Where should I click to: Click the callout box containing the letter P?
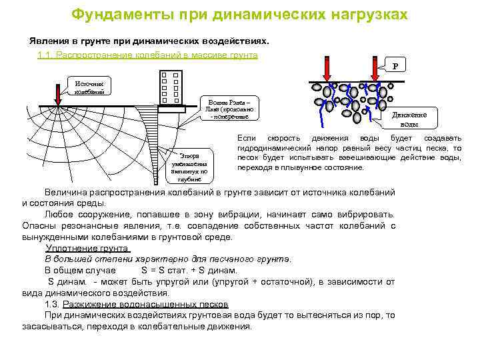point(395,66)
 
